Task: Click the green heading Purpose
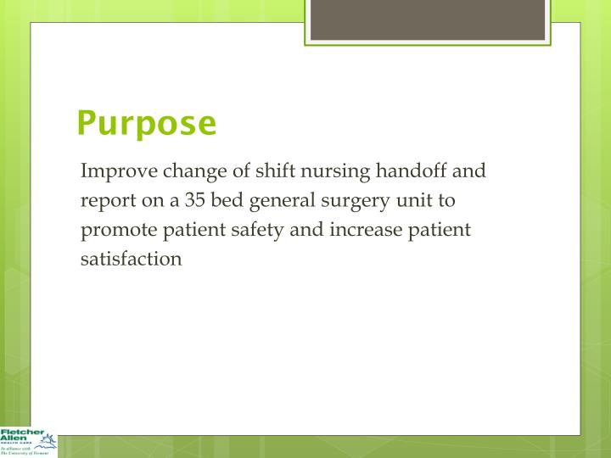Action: (x=146, y=124)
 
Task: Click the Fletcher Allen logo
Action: (x=28, y=438)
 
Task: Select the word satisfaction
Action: (x=131, y=259)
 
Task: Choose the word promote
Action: (x=115, y=231)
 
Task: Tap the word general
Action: (x=285, y=202)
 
